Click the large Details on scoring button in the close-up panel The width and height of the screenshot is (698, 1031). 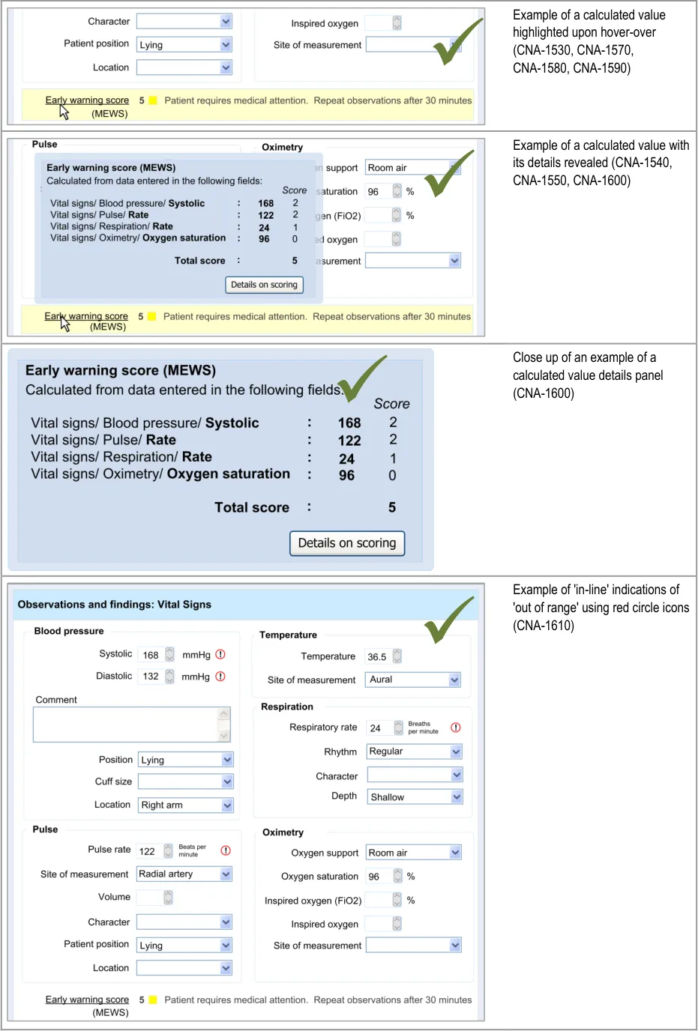click(347, 543)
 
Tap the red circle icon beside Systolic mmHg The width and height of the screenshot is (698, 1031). click(220, 654)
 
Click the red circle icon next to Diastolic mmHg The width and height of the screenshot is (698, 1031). click(220, 676)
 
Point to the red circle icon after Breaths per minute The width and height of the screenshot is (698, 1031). click(455, 728)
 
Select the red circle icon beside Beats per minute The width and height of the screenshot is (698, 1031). click(226, 850)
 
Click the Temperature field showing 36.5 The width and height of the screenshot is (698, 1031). click(378, 656)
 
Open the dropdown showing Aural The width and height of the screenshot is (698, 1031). click(413, 680)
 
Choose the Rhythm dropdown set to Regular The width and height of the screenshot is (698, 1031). click(413, 752)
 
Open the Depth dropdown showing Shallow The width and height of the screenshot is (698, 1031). click(413, 796)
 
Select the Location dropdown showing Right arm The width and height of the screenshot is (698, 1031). click(185, 805)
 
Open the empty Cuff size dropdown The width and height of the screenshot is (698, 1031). click(185, 781)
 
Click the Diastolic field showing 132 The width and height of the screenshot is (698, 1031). click(151, 676)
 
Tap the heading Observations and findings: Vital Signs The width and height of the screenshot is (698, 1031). click(114, 605)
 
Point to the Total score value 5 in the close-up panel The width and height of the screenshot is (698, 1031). click(392, 508)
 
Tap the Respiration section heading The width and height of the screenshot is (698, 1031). click(287, 707)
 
